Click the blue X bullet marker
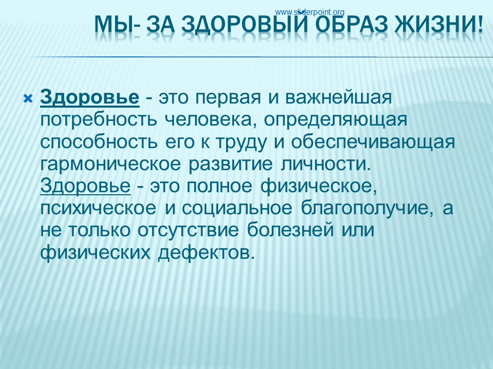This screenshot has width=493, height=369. (28, 99)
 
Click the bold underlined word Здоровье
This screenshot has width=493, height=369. (89, 97)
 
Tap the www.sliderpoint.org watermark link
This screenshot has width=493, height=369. (310, 12)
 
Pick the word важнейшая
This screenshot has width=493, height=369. (338, 97)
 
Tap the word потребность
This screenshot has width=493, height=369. (99, 119)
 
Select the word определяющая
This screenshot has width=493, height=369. (335, 120)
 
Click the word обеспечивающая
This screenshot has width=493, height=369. (373, 142)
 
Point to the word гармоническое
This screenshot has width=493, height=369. (110, 165)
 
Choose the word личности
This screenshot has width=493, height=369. (326, 165)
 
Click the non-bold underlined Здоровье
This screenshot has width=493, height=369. (85, 186)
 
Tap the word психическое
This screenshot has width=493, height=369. (98, 209)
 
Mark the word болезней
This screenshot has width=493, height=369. (290, 230)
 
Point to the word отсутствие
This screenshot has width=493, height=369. (188, 231)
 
